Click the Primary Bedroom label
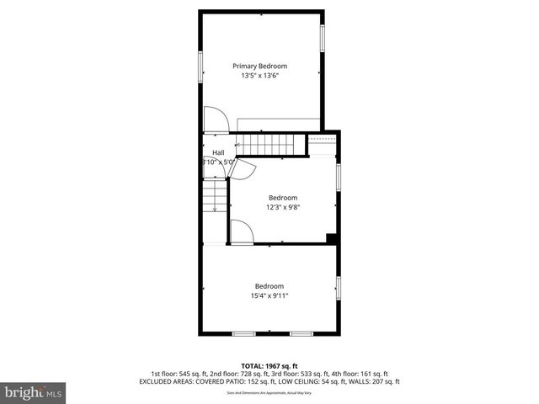[259, 66]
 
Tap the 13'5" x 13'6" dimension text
[259, 76]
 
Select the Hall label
[218, 152]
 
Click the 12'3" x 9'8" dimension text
[283, 207]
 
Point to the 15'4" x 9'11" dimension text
[269, 295]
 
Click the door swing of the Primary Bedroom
[216, 119]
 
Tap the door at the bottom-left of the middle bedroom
[241, 232]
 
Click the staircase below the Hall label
[215, 197]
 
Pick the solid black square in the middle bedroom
[332, 238]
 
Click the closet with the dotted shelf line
[322, 146]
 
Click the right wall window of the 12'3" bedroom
[339, 177]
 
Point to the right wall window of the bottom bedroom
[339, 289]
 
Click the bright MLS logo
[34, 392]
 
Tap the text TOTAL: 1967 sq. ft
[269, 366]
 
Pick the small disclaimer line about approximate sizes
[269, 393]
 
